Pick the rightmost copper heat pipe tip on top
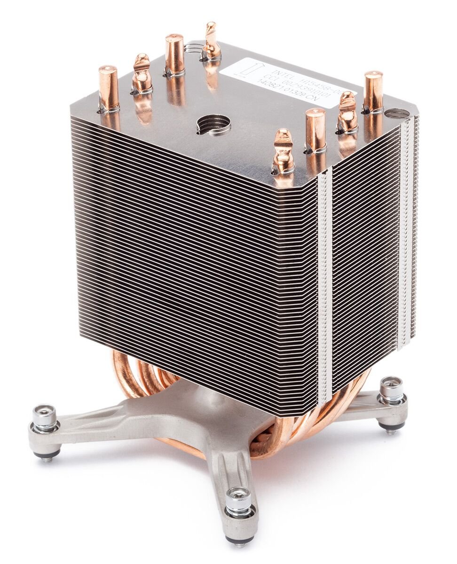coord(372,92)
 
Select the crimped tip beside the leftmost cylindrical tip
coord(141,73)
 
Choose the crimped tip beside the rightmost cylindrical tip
coord(347,113)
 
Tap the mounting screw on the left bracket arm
coord(45,420)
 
